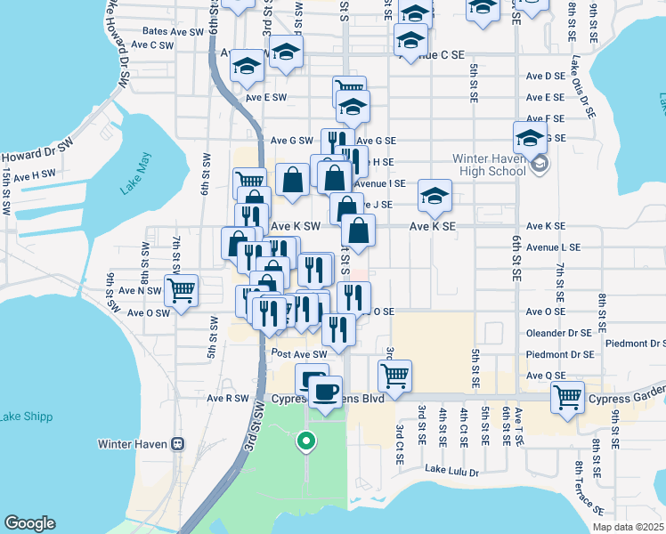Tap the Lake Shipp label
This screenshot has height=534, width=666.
[26, 417]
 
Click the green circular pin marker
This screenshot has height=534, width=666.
[305, 440]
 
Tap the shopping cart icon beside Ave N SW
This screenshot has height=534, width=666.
[181, 289]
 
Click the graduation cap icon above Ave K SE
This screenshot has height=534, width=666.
[435, 196]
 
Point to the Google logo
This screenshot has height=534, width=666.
[29, 523]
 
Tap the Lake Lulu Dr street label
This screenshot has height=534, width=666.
[451, 471]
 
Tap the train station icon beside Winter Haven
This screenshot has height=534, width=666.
[177, 443]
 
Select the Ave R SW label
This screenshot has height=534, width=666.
[228, 399]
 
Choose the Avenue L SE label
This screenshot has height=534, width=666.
[553, 247]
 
